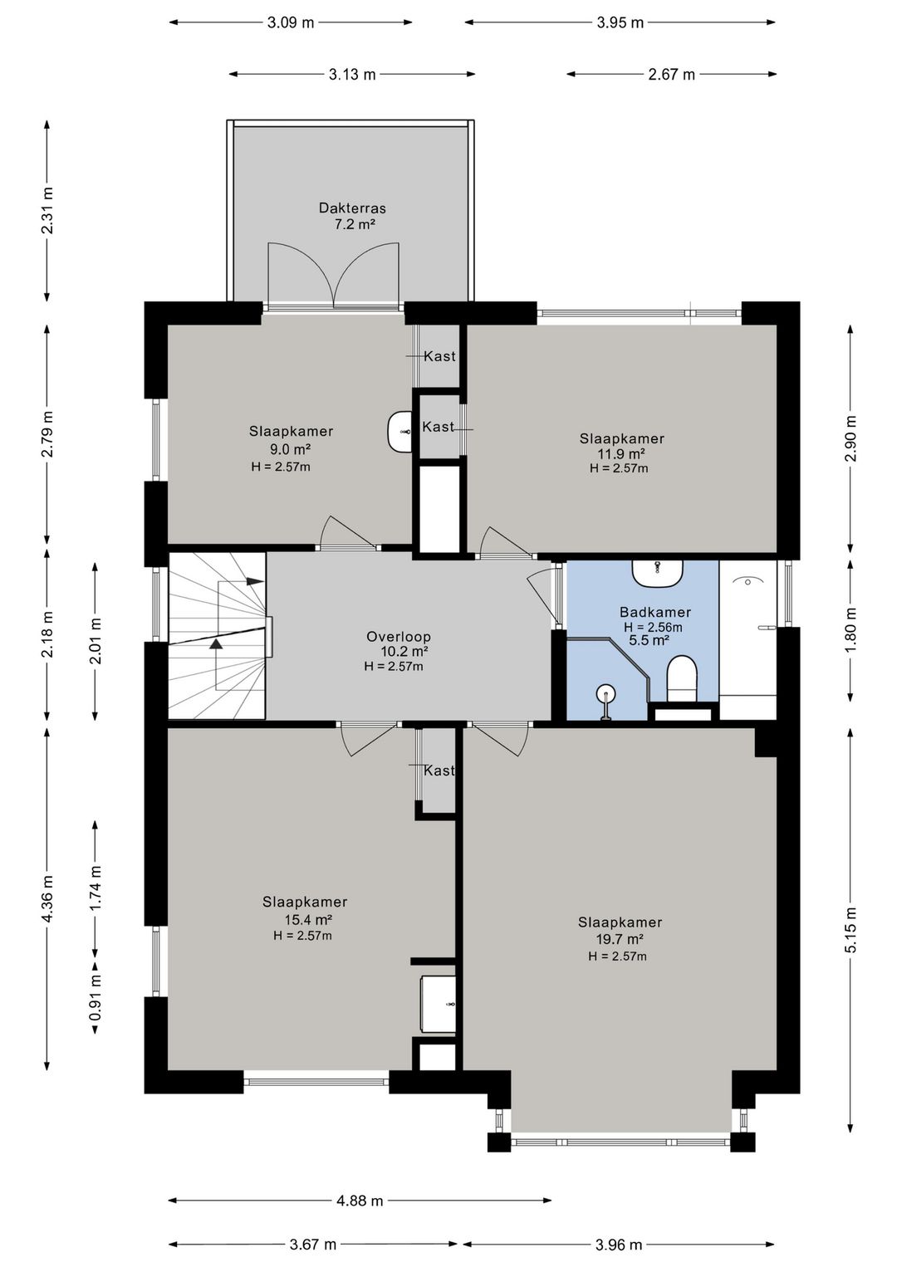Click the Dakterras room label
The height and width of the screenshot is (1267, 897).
[352, 208]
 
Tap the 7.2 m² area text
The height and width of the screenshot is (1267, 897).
[355, 224]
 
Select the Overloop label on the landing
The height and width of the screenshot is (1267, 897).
[399, 637]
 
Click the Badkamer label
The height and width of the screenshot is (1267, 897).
[654, 612]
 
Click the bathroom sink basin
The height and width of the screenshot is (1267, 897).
[658, 573]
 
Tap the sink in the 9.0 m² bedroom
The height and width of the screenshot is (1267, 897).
[400, 432]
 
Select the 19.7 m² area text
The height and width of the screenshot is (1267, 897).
[619, 940]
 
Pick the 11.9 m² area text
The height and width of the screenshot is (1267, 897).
[621, 453]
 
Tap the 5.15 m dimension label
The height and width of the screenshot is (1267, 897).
[850, 930]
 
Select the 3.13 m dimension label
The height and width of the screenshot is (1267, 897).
[352, 75]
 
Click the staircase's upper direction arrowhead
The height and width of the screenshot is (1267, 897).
[256, 581]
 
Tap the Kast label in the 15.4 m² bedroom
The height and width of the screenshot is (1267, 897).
[439, 770]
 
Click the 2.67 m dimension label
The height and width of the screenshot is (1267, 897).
[671, 75]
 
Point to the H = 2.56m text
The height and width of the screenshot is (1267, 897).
[653, 627]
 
